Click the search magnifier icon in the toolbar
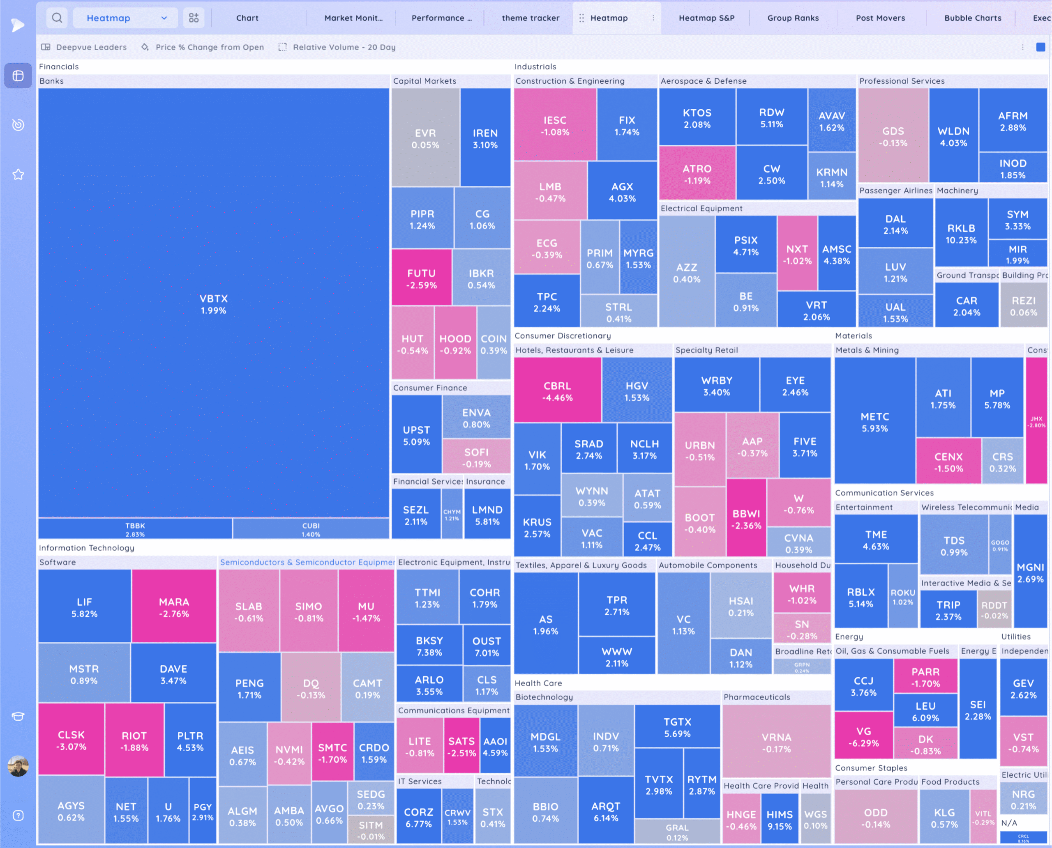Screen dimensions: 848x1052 point(57,18)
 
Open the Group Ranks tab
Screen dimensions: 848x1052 point(792,18)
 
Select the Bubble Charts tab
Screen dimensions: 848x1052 point(972,18)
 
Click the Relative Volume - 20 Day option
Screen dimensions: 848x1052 point(344,47)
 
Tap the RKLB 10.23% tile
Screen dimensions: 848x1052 point(961,234)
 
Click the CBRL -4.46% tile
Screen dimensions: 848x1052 point(557,391)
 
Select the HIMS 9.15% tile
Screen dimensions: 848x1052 point(779,820)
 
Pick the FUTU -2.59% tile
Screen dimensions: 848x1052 point(421,278)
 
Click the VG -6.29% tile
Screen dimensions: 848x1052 point(863,737)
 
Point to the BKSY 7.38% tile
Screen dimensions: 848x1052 point(429,646)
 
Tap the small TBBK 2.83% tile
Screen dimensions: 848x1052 point(135,529)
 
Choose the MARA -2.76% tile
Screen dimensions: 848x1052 point(173,607)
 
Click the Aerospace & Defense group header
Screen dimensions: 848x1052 point(703,81)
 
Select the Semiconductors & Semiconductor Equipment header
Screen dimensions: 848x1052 point(307,562)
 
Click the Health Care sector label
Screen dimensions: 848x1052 point(538,683)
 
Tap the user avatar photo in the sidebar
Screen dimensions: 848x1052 point(18,766)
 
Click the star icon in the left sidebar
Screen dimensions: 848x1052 point(18,175)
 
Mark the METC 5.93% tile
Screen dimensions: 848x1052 point(874,422)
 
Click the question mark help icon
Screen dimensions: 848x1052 point(18,815)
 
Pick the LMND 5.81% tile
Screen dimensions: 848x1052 point(487,515)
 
